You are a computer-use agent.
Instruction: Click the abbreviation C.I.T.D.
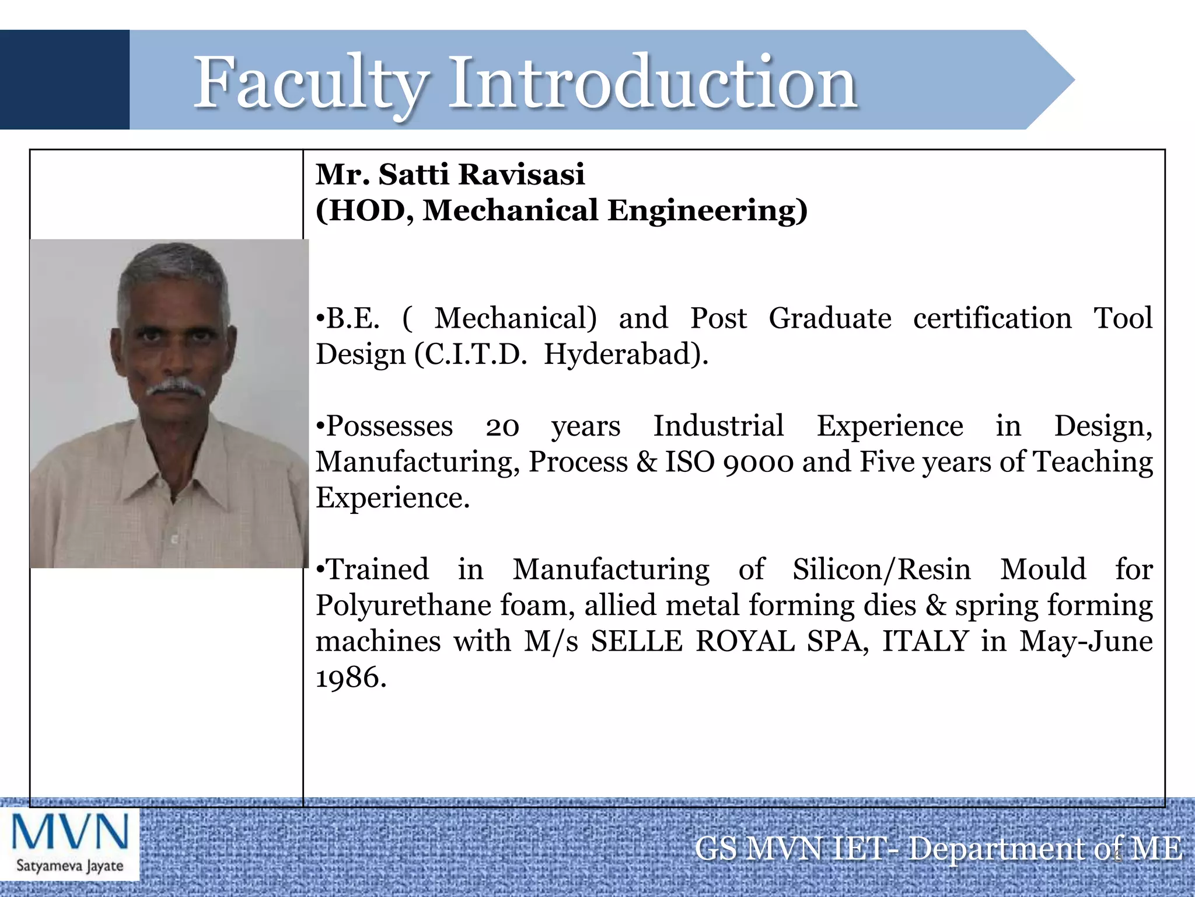coord(476,354)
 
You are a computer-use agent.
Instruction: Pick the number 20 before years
coord(502,426)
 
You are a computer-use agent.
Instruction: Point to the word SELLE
coord(636,641)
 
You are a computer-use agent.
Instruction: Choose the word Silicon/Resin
coord(881,569)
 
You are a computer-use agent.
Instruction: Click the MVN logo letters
coord(70,832)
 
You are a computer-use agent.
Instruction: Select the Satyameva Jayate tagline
coord(70,865)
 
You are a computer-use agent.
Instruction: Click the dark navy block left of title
coord(64,79)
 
